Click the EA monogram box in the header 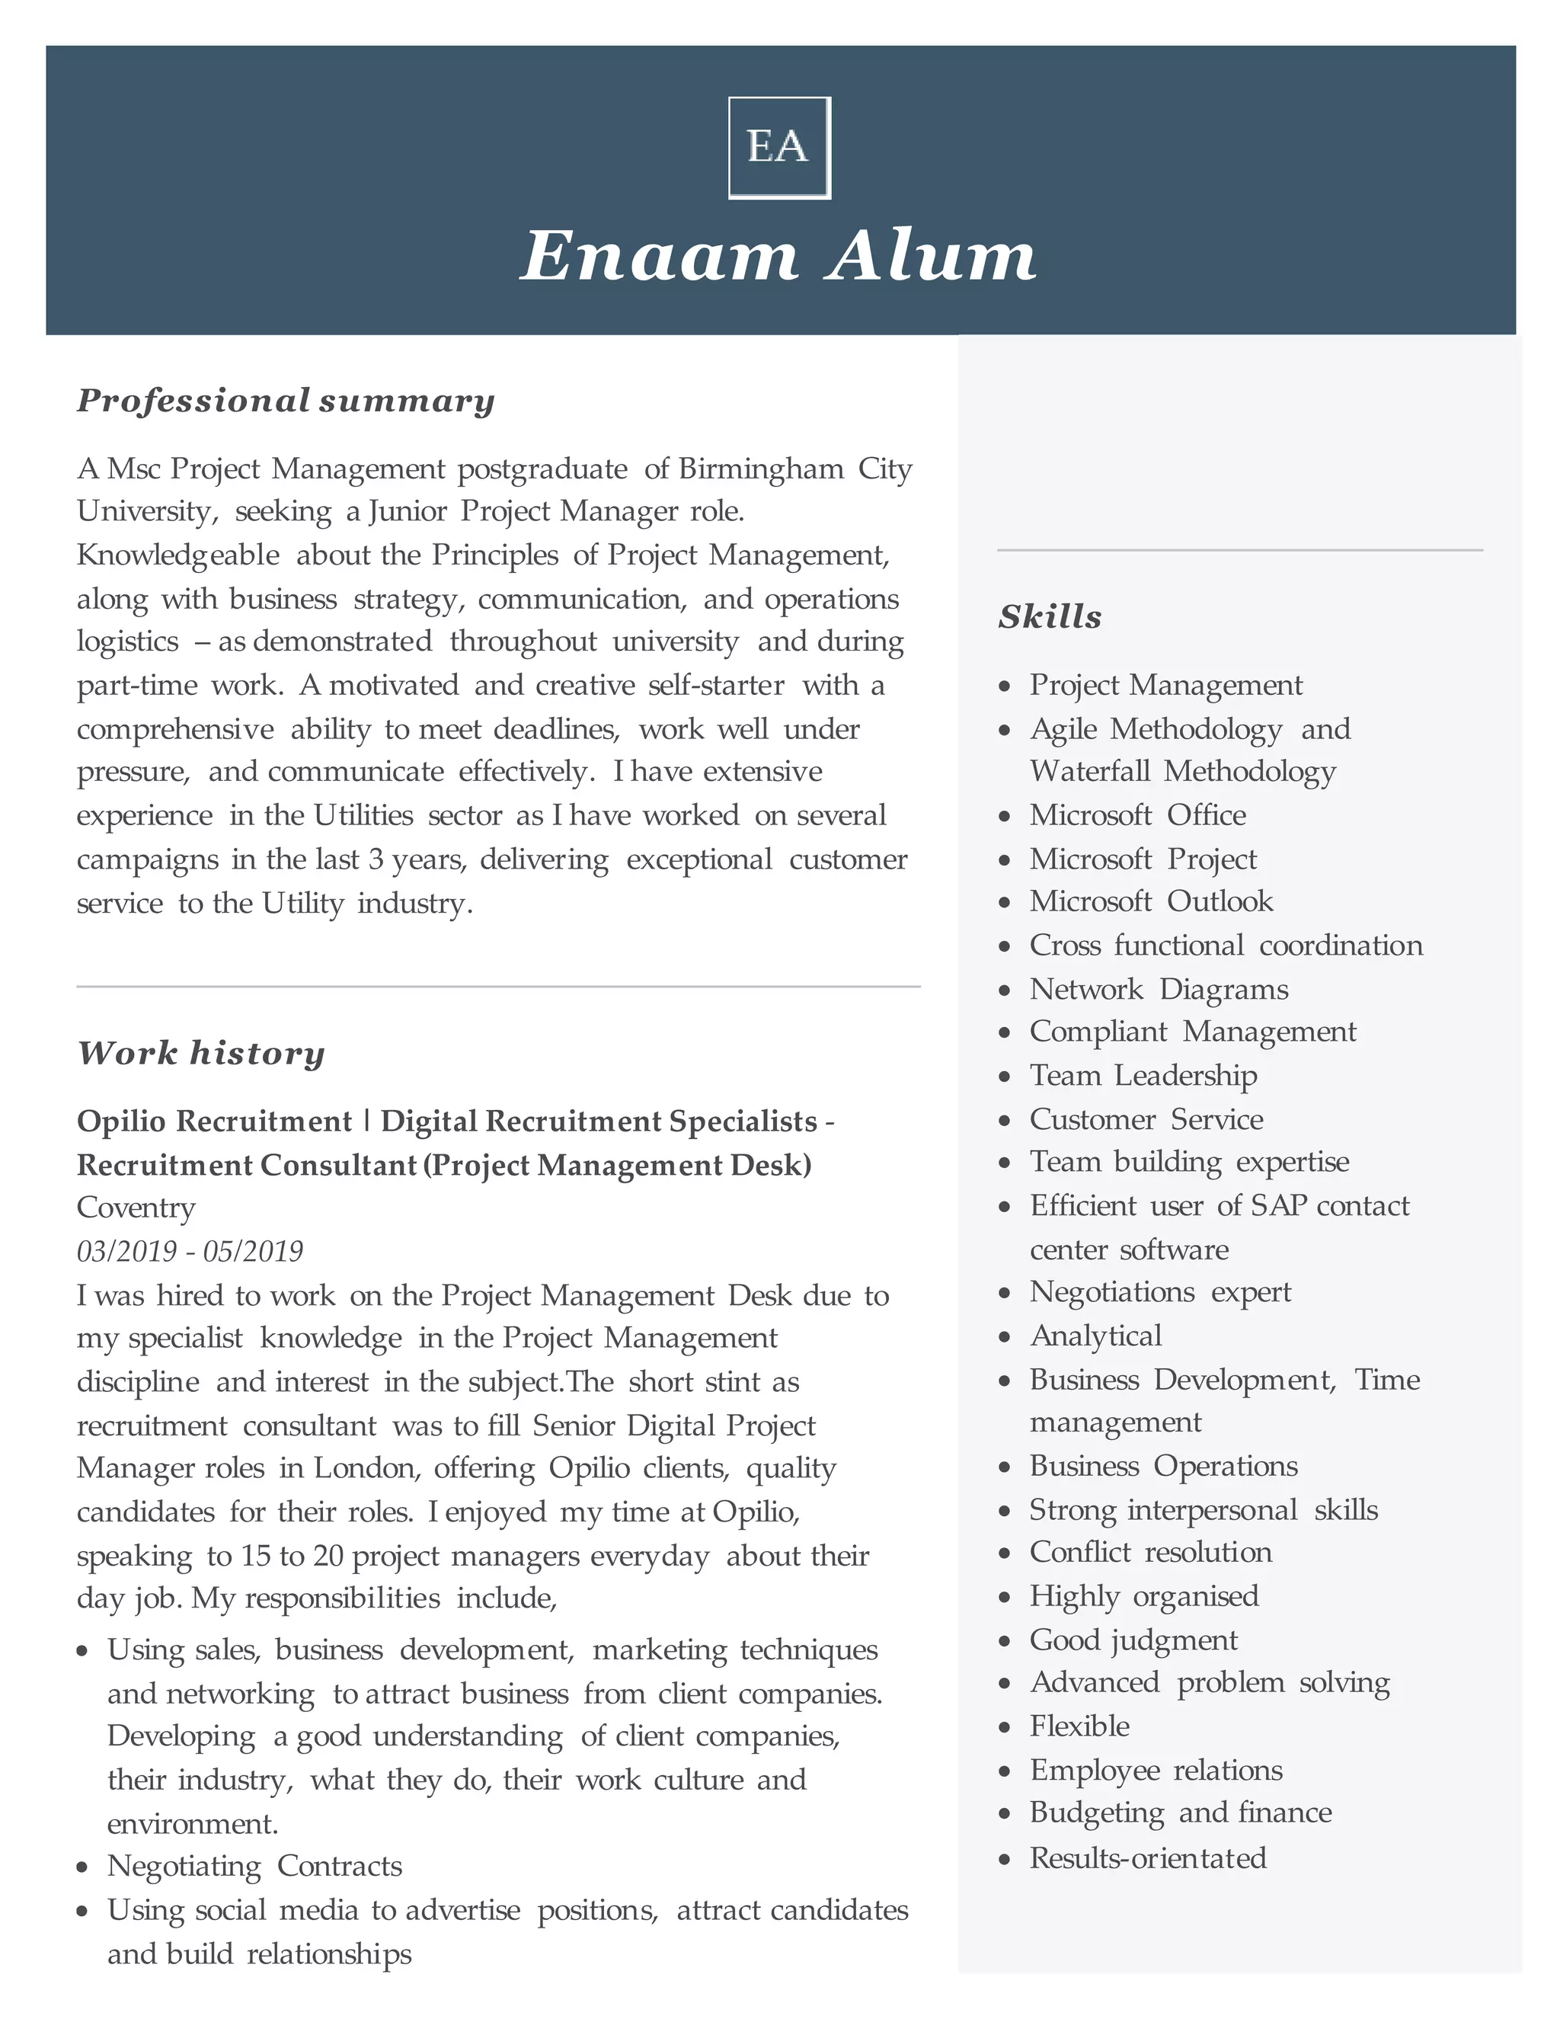tap(779, 148)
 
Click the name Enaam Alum tap(779, 256)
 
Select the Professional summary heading tap(286, 400)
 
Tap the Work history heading tap(200, 1053)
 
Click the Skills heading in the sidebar tap(1050, 616)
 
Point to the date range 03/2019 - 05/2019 tap(190, 1251)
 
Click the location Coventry tap(136, 1208)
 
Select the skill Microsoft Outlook tap(1151, 901)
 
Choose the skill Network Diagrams tap(1158, 989)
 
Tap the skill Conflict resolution tap(1151, 1552)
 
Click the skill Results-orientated tap(1148, 1858)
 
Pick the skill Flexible tap(1079, 1726)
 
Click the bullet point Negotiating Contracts tap(254, 1866)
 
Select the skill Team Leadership tap(1143, 1075)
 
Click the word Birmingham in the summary tap(761, 469)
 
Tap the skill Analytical tap(1096, 1336)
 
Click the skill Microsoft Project tap(1143, 859)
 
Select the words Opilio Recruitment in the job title tap(214, 1121)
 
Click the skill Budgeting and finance tap(1180, 1813)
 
